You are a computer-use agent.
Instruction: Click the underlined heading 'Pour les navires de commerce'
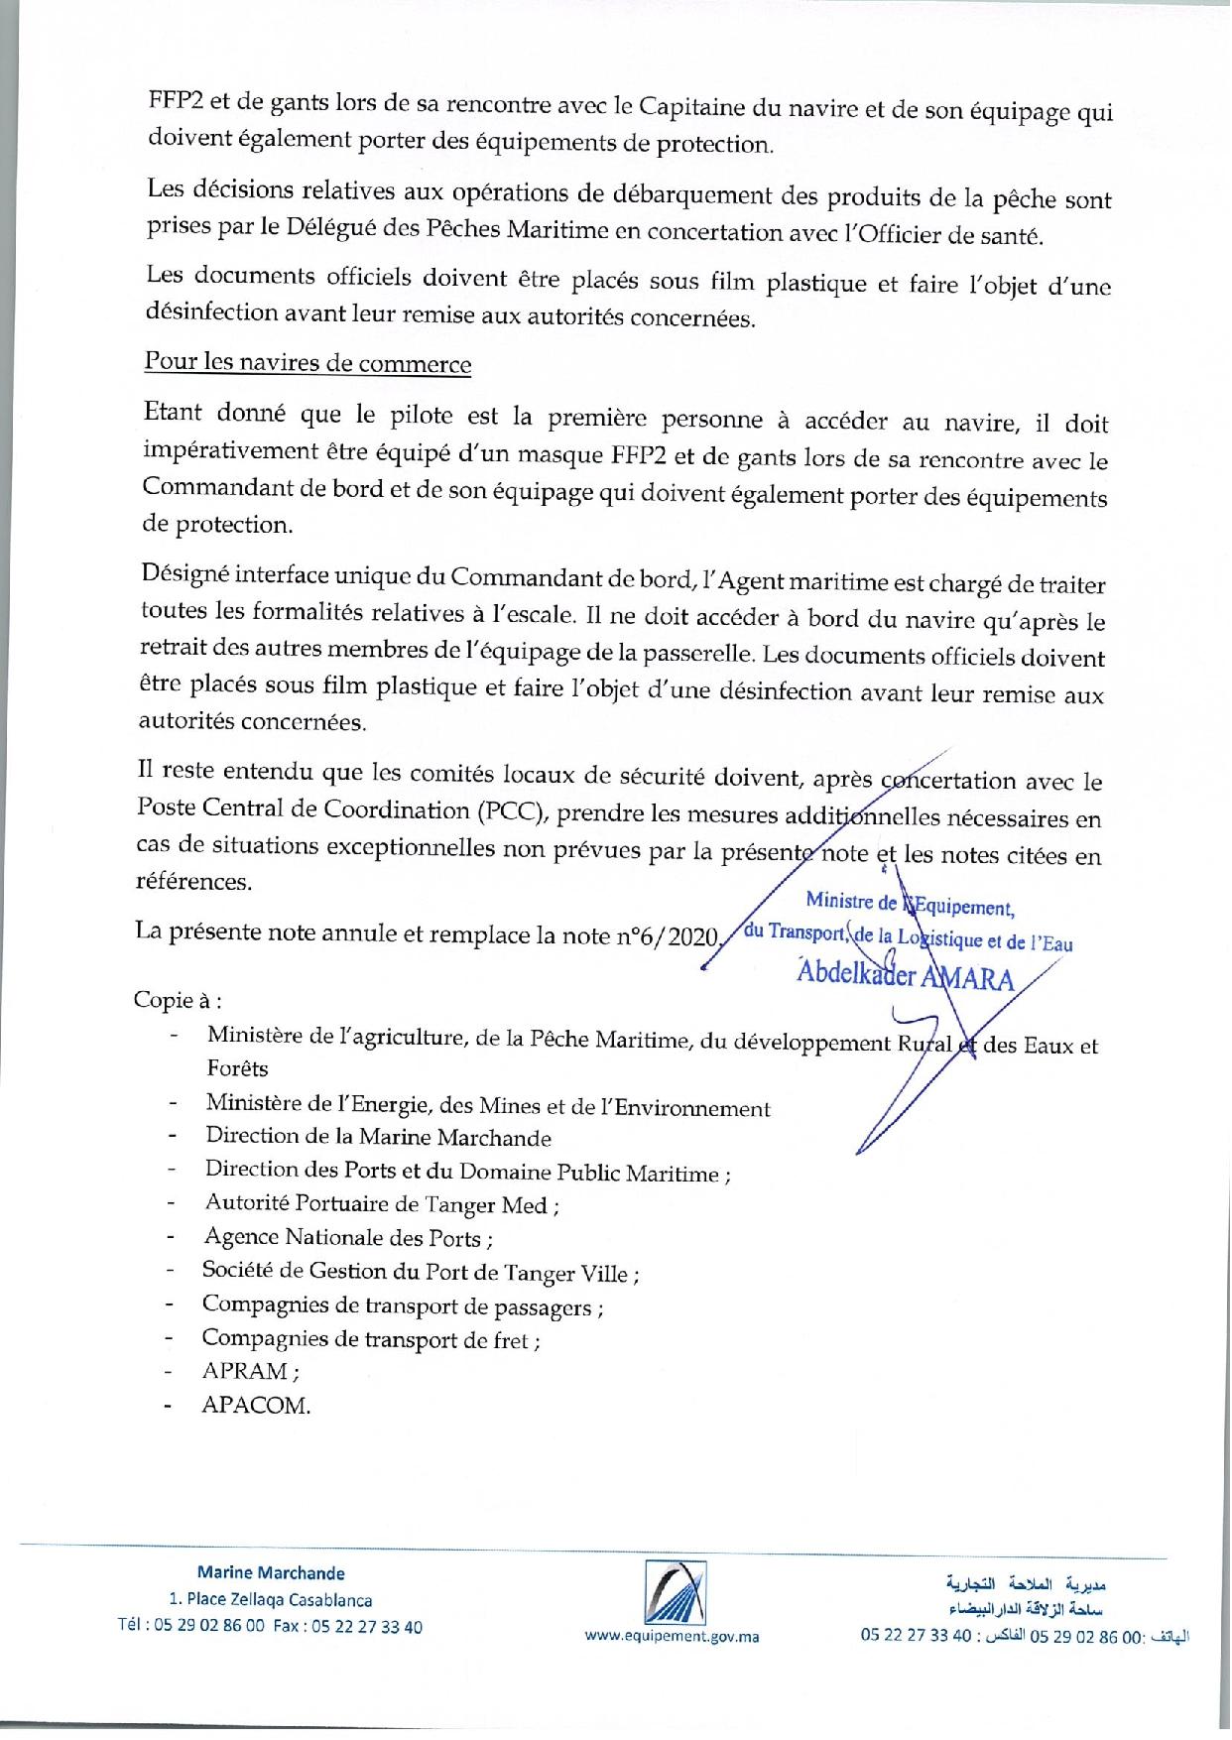pos(308,363)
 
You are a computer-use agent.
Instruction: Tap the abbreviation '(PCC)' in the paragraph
pos(510,811)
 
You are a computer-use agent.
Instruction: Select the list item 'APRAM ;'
pos(250,1371)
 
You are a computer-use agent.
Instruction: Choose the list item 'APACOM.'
pos(256,1406)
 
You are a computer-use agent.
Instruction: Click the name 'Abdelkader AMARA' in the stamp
pos(904,978)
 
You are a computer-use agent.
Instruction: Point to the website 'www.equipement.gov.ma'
pos(672,1637)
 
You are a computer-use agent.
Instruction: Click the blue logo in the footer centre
pos(673,1591)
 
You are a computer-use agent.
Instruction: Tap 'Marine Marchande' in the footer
pos(271,1573)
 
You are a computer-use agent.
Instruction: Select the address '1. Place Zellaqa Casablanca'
pos(271,1600)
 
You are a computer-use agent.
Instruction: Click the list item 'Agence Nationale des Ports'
pos(348,1238)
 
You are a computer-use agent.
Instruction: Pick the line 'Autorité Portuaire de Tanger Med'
pos(382,1204)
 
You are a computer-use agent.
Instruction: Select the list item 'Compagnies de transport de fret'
pos(370,1338)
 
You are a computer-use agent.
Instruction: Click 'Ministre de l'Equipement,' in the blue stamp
pos(909,904)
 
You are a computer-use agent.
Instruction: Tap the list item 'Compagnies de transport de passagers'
pos(402,1305)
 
